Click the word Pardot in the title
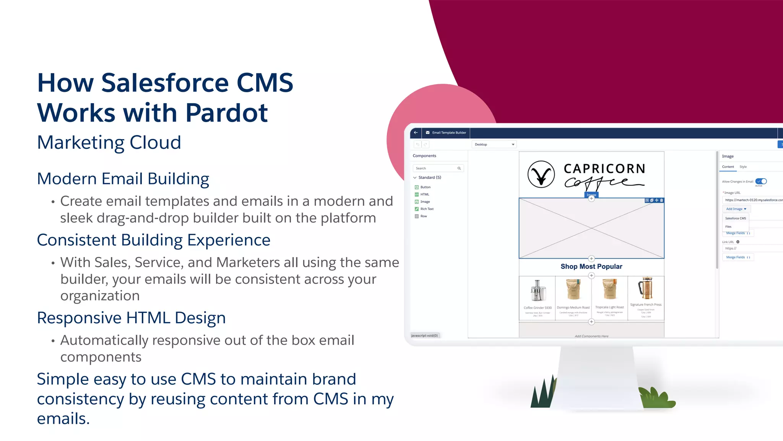(226, 113)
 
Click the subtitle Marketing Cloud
(109, 143)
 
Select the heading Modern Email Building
(123, 179)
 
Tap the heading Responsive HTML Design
(131, 318)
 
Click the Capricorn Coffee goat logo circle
(541, 174)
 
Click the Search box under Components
(436, 168)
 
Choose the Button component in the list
(425, 187)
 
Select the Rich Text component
(427, 209)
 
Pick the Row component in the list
(423, 216)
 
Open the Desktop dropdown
(494, 145)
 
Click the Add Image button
(736, 209)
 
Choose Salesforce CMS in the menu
(735, 218)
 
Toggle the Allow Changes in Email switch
(761, 181)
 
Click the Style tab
(743, 167)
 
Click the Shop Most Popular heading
(591, 267)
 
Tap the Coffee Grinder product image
(537, 291)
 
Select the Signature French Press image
(646, 288)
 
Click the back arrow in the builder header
(416, 133)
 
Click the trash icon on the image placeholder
(661, 200)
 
